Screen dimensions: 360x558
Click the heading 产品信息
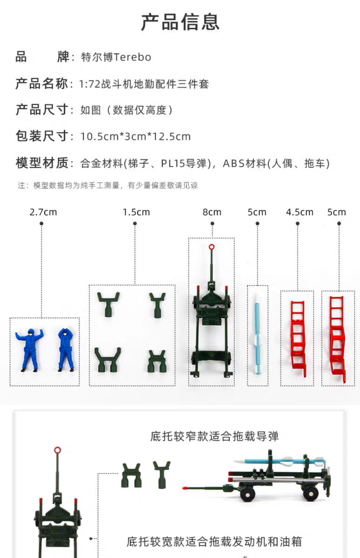180,22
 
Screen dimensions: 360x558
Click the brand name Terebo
132,57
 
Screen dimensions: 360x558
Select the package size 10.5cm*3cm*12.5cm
135,137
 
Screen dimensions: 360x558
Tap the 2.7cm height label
43,212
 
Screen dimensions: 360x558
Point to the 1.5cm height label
136,212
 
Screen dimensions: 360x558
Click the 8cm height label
212,212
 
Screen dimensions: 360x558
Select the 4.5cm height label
300,212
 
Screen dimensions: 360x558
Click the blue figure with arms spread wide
29,350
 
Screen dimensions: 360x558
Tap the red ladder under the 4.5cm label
299,339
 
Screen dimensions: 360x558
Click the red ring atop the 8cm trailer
212,247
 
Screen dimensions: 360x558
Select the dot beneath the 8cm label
212,224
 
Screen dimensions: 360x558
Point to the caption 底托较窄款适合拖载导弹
214,437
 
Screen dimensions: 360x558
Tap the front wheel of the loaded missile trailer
247,494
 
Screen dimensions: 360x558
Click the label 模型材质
41,163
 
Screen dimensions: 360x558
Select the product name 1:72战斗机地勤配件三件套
144,84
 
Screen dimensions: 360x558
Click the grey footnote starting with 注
107,186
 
